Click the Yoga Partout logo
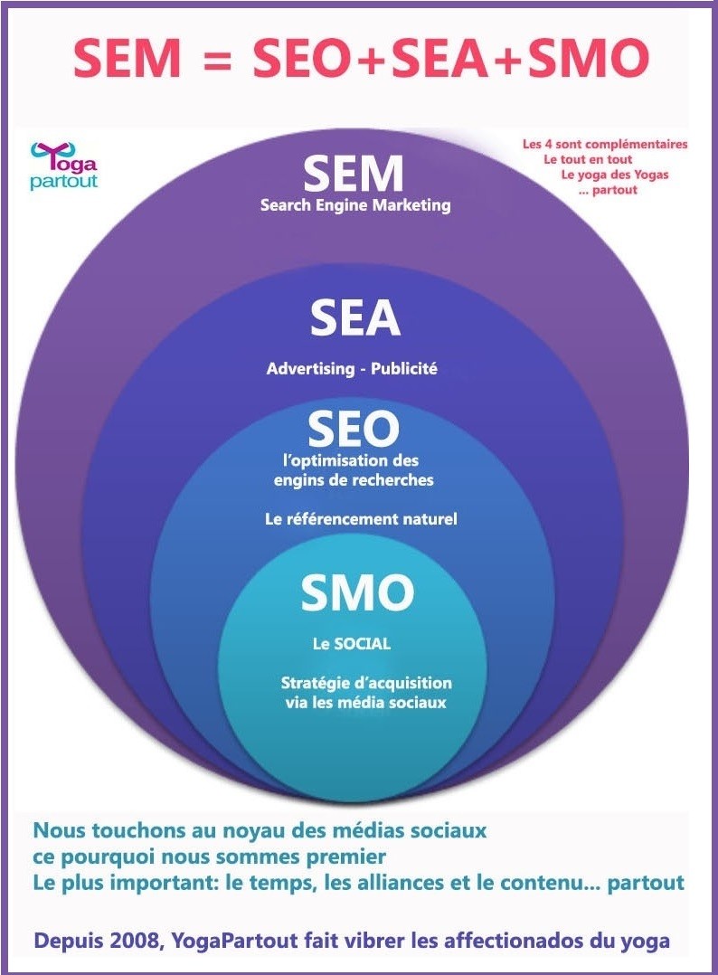(x=63, y=166)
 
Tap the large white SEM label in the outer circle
(x=353, y=174)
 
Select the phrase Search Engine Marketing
(x=355, y=205)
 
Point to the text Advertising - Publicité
(x=352, y=369)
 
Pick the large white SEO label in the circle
(x=353, y=429)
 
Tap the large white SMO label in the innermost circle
(x=357, y=593)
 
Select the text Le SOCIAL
(x=351, y=644)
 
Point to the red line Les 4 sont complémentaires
(x=605, y=144)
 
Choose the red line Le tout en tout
(x=588, y=159)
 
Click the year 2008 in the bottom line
(x=128, y=942)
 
